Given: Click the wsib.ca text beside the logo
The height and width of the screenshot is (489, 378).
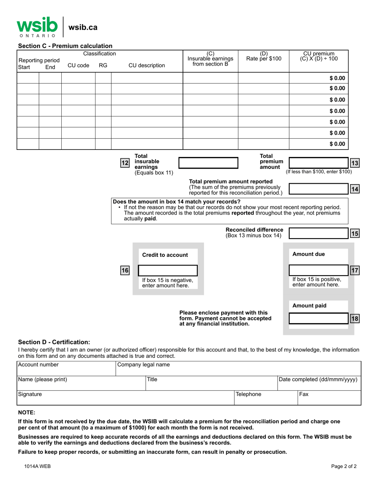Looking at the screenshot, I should (x=83, y=27).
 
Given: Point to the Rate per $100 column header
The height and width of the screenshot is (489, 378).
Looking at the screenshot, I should (x=263, y=56).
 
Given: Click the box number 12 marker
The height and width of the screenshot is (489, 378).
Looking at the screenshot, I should (x=125, y=163).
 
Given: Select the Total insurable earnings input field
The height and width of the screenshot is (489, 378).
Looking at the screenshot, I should (x=208, y=163).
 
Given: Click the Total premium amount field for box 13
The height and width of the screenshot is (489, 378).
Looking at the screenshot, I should (x=318, y=163).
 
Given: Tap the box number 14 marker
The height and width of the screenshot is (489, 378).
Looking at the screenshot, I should (x=355, y=189).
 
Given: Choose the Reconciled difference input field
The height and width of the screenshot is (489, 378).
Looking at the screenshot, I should (x=318, y=233).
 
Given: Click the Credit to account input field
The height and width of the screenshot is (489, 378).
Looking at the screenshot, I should (x=167, y=271).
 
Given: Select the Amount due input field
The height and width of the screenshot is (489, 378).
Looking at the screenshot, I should (x=318, y=270).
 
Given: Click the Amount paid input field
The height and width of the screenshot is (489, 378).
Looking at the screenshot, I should (x=318, y=318).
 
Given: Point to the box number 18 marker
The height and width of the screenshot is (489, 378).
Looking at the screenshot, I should (x=355, y=318).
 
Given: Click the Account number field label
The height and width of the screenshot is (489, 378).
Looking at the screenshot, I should (x=39, y=365).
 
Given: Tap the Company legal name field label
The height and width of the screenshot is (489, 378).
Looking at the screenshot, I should (x=144, y=365).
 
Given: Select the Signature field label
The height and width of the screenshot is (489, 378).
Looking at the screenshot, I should (x=30, y=394).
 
